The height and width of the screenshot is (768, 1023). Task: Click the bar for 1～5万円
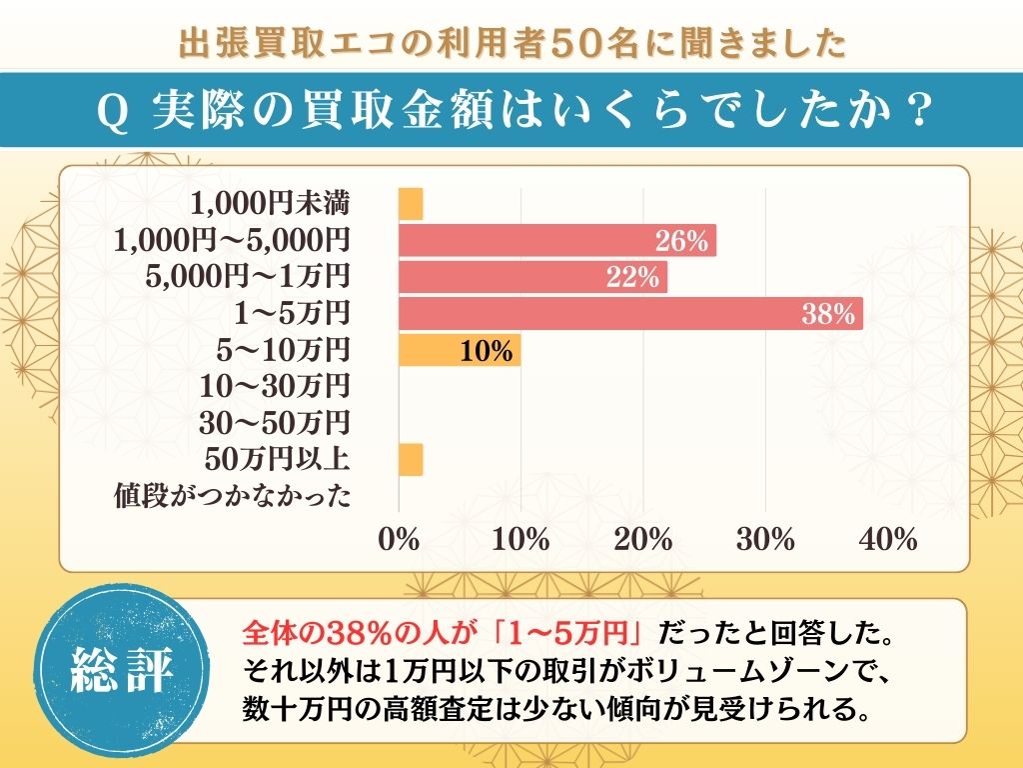coord(629,313)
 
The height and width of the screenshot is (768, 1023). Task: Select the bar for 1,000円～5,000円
coord(556,241)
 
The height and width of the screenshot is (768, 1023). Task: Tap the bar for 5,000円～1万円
coord(531,277)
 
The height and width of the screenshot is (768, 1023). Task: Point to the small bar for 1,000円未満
coord(411,204)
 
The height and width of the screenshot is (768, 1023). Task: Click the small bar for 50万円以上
coord(411,460)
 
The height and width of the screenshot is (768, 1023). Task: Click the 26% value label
coord(681,241)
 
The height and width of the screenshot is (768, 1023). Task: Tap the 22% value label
coord(633,278)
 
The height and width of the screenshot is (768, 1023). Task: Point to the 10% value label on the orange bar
coord(487,351)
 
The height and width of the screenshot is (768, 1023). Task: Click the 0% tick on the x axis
coord(399,540)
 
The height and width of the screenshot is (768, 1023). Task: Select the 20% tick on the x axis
coord(643,540)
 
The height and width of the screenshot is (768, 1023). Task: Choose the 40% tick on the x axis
coord(888,540)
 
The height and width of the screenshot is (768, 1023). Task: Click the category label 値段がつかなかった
coord(231,496)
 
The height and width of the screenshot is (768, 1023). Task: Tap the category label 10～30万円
coord(283,386)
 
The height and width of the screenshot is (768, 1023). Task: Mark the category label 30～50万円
coord(283,423)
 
